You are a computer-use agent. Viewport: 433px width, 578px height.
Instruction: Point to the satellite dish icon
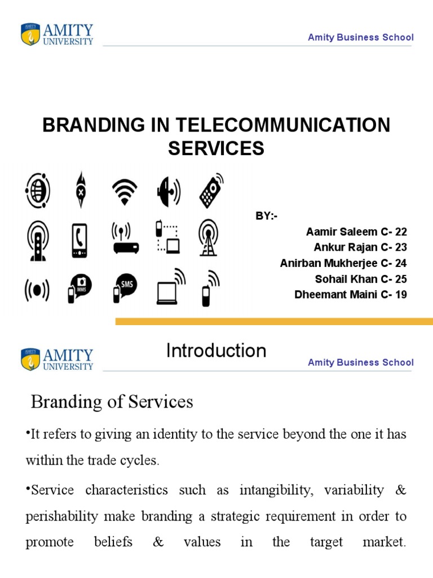pyautogui.click(x=167, y=191)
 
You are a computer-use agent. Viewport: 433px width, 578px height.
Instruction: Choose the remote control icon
pyautogui.click(x=210, y=190)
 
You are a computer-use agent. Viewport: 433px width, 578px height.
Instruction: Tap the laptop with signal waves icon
pyautogui.click(x=170, y=286)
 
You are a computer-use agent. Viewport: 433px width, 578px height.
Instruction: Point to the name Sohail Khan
pyautogui.click(x=338, y=279)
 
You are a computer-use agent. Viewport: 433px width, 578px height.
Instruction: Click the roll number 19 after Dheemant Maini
pyautogui.click(x=401, y=295)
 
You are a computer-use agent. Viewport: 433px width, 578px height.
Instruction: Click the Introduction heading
pyautogui.click(x=216, y=351)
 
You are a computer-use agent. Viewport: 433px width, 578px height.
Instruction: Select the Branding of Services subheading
pyautogui.click(x=112, y=402)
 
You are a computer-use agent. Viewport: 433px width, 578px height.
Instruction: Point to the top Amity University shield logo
pyautogui.click(x=30, y=34)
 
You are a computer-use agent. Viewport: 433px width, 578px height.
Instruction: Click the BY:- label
pyautogui.click(x=267, y=216)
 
